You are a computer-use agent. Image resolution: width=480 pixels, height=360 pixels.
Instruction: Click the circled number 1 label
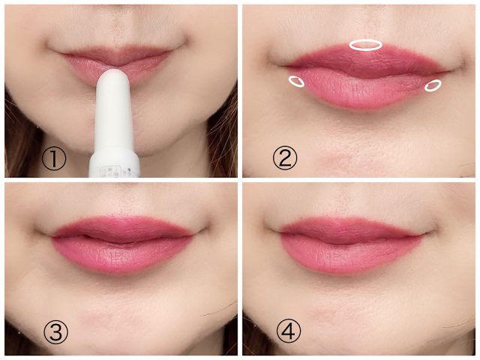click(54, 159)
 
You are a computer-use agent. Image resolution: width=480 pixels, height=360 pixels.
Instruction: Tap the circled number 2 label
click(285, 158)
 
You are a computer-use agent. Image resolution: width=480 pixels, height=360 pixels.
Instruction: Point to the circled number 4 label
click(289, 331)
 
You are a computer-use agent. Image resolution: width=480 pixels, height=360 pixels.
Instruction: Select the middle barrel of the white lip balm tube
click(113, 119)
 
